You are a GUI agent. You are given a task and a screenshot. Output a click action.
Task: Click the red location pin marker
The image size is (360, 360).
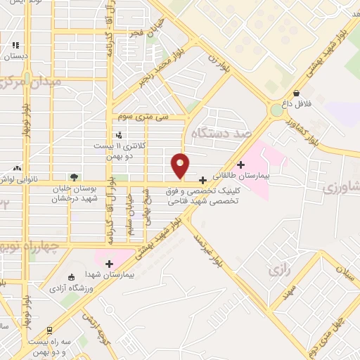tap(181, 165)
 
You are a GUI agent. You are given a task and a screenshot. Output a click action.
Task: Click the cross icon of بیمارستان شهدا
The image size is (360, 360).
tap(109, 264)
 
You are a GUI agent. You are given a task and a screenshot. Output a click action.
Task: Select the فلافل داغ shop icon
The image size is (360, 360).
tap(297, 93)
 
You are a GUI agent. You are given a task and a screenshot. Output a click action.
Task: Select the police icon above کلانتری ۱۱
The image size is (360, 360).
tap(118, 135)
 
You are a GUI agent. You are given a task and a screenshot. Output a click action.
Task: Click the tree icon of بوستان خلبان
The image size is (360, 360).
tap(75, 177)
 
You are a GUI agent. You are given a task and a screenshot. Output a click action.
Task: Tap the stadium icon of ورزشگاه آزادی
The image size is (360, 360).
tap(70, 277)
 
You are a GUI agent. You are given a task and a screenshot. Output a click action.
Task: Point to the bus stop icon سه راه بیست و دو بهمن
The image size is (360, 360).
tap(50, 330)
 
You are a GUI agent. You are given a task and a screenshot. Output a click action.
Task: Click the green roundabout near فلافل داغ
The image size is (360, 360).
tap(276, 110)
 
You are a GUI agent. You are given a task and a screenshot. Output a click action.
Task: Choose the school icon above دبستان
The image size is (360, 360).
tap(15, 46)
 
